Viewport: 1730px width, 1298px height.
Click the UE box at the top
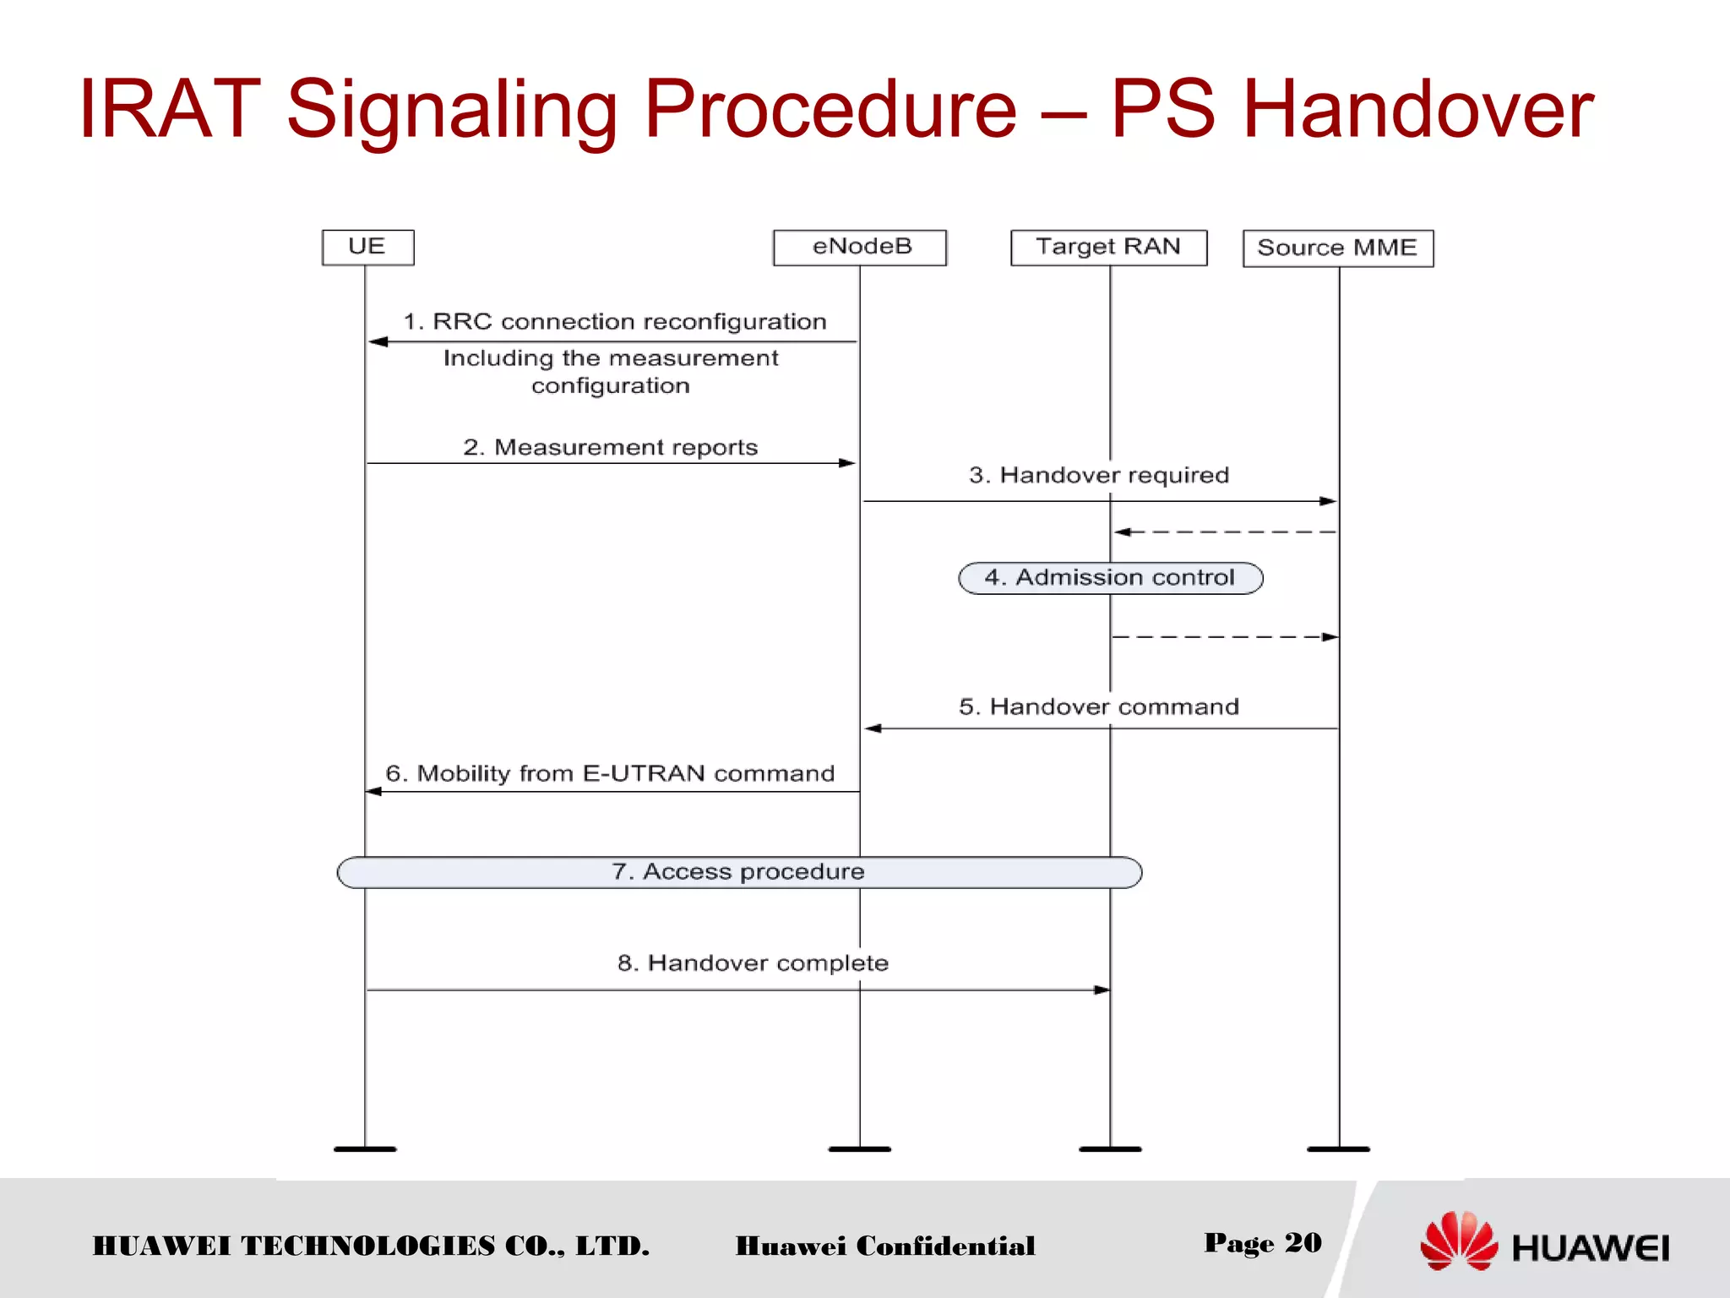pyautogui.click(x=367, y=247)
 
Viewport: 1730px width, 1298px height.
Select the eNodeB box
pyautogui.click(x=860, y=247)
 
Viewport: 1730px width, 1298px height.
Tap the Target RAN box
pyautogui.click(x=1108, y=247)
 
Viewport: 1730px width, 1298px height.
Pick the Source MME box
pyautogui.click(x=1337, y=248)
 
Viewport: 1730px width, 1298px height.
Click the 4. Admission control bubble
pyautogui.click(x=1110, y=578)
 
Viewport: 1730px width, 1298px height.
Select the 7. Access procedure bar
pyautogui.click(x=739, y=872)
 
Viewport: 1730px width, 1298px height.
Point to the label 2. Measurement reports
pyautogui.click(x=610, y=447)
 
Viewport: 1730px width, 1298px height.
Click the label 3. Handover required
pyautogui.click(x=1098, y=475)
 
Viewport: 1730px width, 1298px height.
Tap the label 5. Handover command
pyautogui.click(x=1098, y=706)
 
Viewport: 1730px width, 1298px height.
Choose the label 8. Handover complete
pyautogui.click(x=753, y=963)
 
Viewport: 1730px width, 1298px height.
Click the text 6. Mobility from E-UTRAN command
pyautogui.click(x=610, y=773)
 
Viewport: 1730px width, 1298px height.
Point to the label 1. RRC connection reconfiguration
pyautogui.click(x=614, y=322)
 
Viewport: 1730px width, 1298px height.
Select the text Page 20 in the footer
pyautogui.click(x=1262, y=1242)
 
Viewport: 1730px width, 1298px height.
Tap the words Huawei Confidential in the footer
pyautogui.click(x=884, y=1246)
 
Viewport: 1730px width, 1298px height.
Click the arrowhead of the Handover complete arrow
pyautogui.click(x=1102, y=990)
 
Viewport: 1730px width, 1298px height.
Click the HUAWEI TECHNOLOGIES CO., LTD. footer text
pyautogui.click(x=371, y=1246)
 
